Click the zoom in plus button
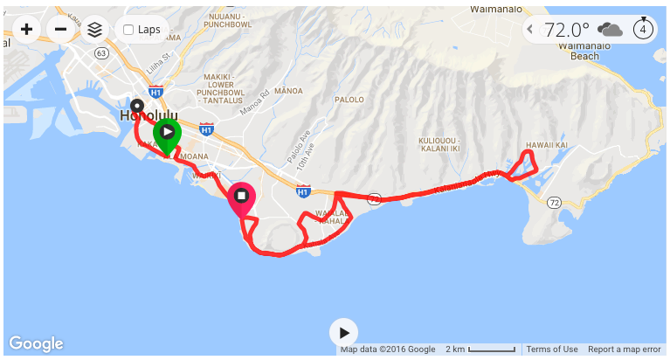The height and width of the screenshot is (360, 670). [x=27, y=30]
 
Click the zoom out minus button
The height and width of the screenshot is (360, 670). [x=60, y=30]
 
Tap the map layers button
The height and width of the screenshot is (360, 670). [x=94, y=30]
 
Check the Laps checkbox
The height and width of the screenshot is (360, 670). [x=129, y=30]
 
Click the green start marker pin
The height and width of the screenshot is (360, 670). [x=167, y=134]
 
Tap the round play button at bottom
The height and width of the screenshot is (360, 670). [x=344, y=333]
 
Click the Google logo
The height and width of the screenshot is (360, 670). [x=36, y=343]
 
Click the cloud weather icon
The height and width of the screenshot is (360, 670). [x=611, y=30]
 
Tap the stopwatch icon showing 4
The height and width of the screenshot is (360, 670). [x=644, y=29]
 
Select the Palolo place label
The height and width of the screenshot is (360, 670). [x=349, y=100]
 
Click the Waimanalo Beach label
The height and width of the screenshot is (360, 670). [x=584, y=50]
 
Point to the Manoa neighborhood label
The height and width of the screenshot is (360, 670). [x=288, y=91]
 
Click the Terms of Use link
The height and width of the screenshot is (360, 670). [x=552, y=350]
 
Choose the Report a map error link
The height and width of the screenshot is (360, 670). [x=624, y=350]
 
